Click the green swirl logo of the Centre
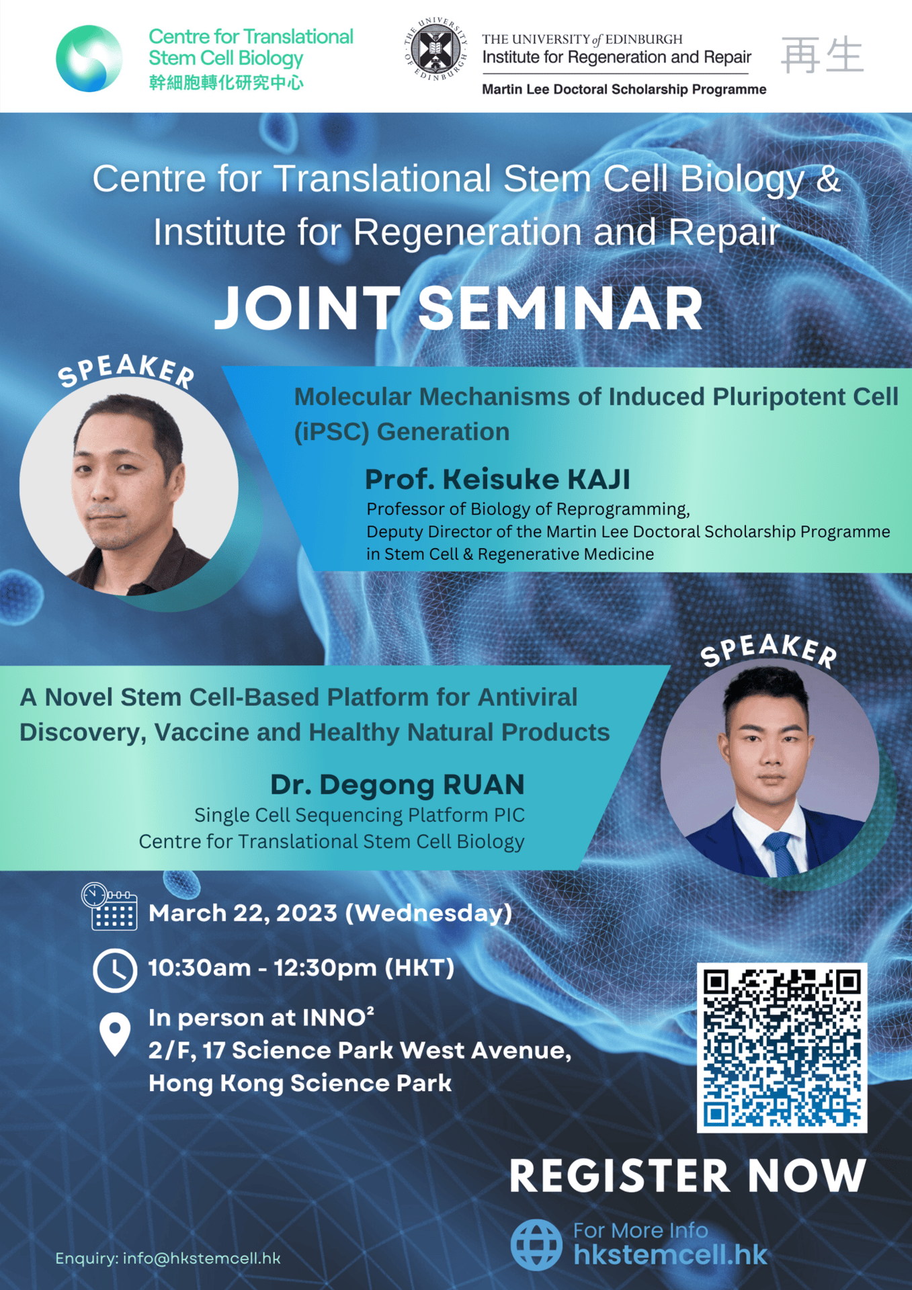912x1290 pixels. coord(89,58)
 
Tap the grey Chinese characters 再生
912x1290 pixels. coord(822,55)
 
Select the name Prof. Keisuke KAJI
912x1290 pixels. coord(497,479)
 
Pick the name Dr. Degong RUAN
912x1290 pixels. coord(397,784)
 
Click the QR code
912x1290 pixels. coord(782,1047)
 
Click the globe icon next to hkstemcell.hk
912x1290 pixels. coord(536,1245)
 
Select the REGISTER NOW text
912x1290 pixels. coord(688,1176)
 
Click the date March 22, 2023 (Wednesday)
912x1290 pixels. coord(330,913)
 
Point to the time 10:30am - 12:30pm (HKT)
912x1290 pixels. coord(301,968)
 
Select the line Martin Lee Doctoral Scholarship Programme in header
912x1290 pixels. coord(624,89)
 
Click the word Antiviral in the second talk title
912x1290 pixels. coord(527,697)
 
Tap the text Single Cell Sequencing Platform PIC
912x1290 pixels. coord(360,815)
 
